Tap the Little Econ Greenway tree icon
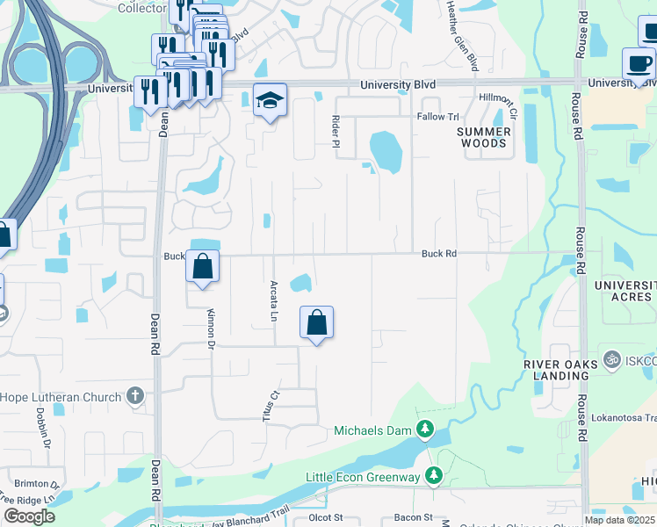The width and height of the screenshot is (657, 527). coord(433,476)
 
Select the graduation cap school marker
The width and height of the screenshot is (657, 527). coord(270,101)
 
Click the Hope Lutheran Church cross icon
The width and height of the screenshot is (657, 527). coord(134,396)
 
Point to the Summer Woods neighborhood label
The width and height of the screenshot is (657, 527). coord(483,137)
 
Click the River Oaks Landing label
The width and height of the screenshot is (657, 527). coord(555,370)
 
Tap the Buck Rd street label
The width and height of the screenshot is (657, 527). coord(439,254)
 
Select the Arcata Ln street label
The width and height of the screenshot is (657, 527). coord(274,299)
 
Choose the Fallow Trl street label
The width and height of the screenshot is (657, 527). coord(438,117)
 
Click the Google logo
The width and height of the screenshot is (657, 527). coord(29,516)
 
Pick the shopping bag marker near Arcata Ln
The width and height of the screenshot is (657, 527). coord(316,322)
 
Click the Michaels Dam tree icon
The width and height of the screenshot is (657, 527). coord(425,430)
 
